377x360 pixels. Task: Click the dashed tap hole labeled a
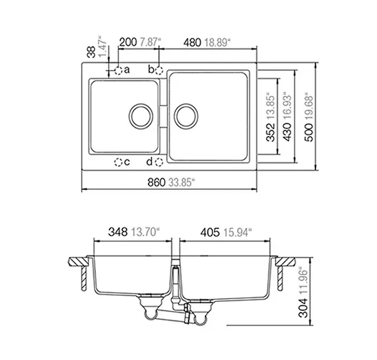click(x=118, y=70)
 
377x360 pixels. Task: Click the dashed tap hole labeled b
click(x=159, y=70)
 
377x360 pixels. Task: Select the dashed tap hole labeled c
click(x=118, y=162)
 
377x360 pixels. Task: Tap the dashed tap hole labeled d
click(x=159, y=162)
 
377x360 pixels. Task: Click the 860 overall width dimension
click(x=156, y=183)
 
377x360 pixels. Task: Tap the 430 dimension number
click(x=287, y=132)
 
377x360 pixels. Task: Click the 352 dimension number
click(x=271, y=132)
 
